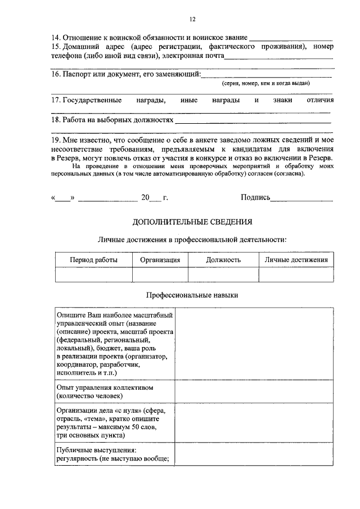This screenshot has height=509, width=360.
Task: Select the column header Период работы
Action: point(93,260)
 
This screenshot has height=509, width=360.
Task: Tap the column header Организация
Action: point(160,260)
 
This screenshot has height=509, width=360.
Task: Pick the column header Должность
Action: point(223,260)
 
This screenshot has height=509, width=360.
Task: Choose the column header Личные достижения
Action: point(296,260)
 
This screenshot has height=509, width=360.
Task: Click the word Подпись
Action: point(255,198)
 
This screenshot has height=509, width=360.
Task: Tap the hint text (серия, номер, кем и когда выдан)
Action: point(266,83)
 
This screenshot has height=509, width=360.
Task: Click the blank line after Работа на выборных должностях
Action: point(253,121)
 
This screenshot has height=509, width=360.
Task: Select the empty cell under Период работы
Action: point(93,274)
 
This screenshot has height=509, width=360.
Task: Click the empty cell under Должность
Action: point(223,274)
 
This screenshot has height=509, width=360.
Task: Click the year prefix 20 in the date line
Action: point(146,198)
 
